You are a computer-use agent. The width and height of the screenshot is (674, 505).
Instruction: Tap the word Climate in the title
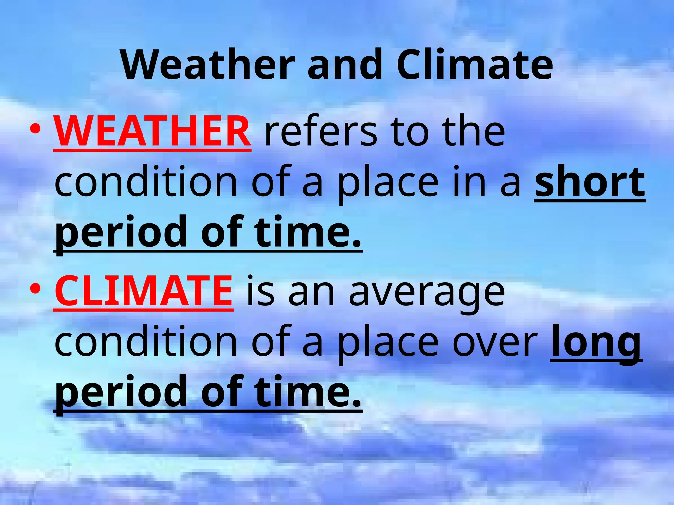tap(475, 64)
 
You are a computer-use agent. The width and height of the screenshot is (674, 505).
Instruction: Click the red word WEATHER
tap(152, 132)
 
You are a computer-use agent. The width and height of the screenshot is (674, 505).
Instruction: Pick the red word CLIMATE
tap(144, 291)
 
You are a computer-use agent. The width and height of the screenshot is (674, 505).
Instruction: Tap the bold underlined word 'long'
tap(596, 342)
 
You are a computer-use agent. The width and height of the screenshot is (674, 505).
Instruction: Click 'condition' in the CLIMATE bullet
tap(146, 342)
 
